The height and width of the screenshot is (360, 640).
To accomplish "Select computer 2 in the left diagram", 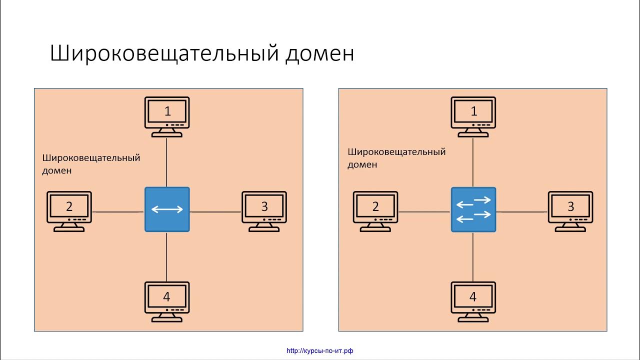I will click(x=69, y=210).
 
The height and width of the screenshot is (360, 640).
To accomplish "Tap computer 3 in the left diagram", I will click(x=264, y=210).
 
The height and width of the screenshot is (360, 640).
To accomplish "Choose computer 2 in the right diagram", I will click(x=375, y=210).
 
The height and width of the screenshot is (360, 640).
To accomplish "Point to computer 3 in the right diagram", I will click(x=570, y=210).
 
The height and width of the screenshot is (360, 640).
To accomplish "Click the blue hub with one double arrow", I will click(x=167, y=209).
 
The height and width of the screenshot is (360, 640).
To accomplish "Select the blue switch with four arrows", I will click(x=473, y=209).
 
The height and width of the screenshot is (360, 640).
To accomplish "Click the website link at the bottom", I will click(x=320, y=351).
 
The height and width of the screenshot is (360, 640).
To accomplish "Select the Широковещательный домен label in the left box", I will click(x=91, y=164).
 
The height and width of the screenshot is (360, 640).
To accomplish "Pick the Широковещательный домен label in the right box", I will click(x=396, y=158).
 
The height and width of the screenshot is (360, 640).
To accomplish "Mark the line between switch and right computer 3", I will click(x=521, y=212).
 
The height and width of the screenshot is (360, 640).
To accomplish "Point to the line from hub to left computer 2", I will click(x=118, y=212).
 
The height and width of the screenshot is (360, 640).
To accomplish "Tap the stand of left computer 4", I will click(x=167, y=319).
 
